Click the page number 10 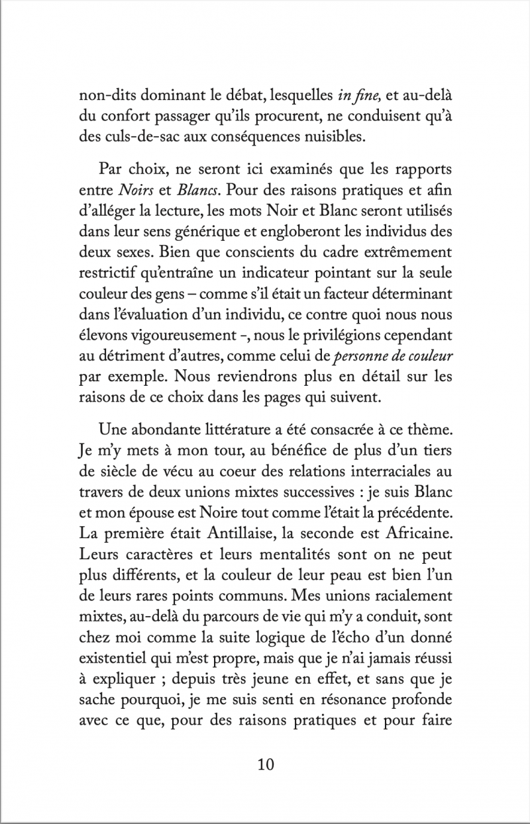[x=265, y=764]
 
